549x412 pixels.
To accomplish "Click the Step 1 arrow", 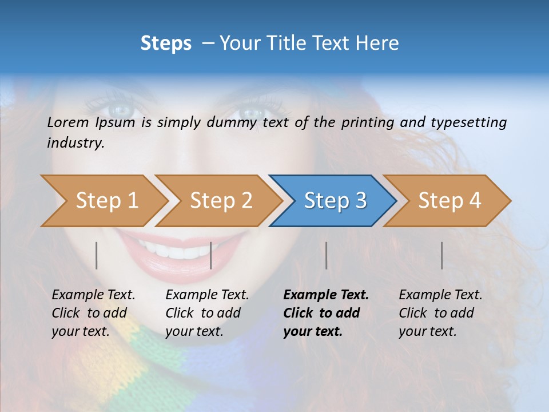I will tap(106, 201).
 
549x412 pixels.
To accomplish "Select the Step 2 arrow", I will tap(220, 201).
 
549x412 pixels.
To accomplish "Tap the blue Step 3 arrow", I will tap(335, 201).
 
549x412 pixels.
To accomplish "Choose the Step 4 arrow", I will tap(449, 201).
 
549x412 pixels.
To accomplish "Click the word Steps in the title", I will tap(166, 43).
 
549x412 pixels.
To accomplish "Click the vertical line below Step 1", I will tap(97, 255).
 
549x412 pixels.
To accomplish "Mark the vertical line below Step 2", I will tap(211, 255).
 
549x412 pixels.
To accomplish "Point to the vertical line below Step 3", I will tap(326, 255).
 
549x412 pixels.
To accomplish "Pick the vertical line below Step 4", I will tap(441, 255).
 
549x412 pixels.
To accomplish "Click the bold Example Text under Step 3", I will tap(326, 295).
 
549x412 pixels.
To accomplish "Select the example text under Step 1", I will tap(93, 313).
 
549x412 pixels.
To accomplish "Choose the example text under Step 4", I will tap(440, 313).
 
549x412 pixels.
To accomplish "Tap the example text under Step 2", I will tap(207, 313).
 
